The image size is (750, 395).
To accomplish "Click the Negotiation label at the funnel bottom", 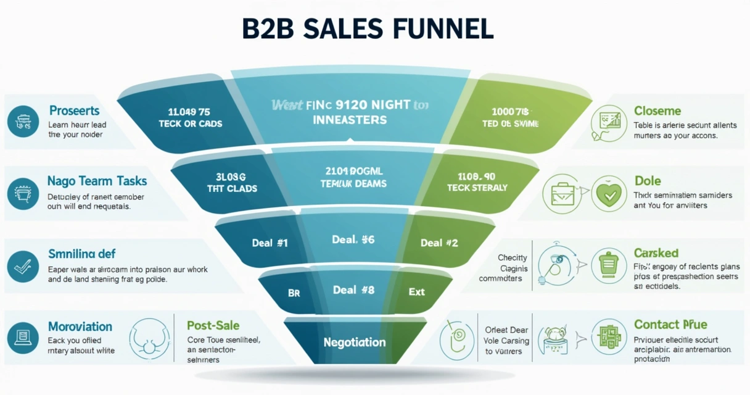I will (x=355, y=342).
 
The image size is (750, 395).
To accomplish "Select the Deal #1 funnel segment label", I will (x=270, y=243).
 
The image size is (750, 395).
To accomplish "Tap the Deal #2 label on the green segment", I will (x=439, y=243).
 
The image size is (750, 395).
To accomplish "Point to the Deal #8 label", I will (x=353, y=289).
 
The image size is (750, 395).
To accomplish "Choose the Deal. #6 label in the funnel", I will (x=353, y=239).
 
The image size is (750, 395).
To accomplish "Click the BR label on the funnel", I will (x=294, y=293).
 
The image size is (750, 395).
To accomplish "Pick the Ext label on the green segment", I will (x=417, y=291).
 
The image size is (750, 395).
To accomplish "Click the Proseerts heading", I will (x=74, y=111).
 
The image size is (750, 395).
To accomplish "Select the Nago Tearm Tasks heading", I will (x=97, y=181).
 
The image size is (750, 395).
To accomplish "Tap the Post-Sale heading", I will (x=213, y=325).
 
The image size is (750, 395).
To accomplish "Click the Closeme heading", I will (x=657, y=111).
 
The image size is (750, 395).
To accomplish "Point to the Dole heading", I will (x=648, y=181).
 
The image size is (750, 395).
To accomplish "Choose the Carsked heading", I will (x=656, y=253).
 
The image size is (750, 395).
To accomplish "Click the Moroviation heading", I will (x=80, y=326).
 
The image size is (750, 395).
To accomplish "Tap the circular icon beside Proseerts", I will (x=23, y=121).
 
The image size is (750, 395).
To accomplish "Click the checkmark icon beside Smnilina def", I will (x=23, y=266).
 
